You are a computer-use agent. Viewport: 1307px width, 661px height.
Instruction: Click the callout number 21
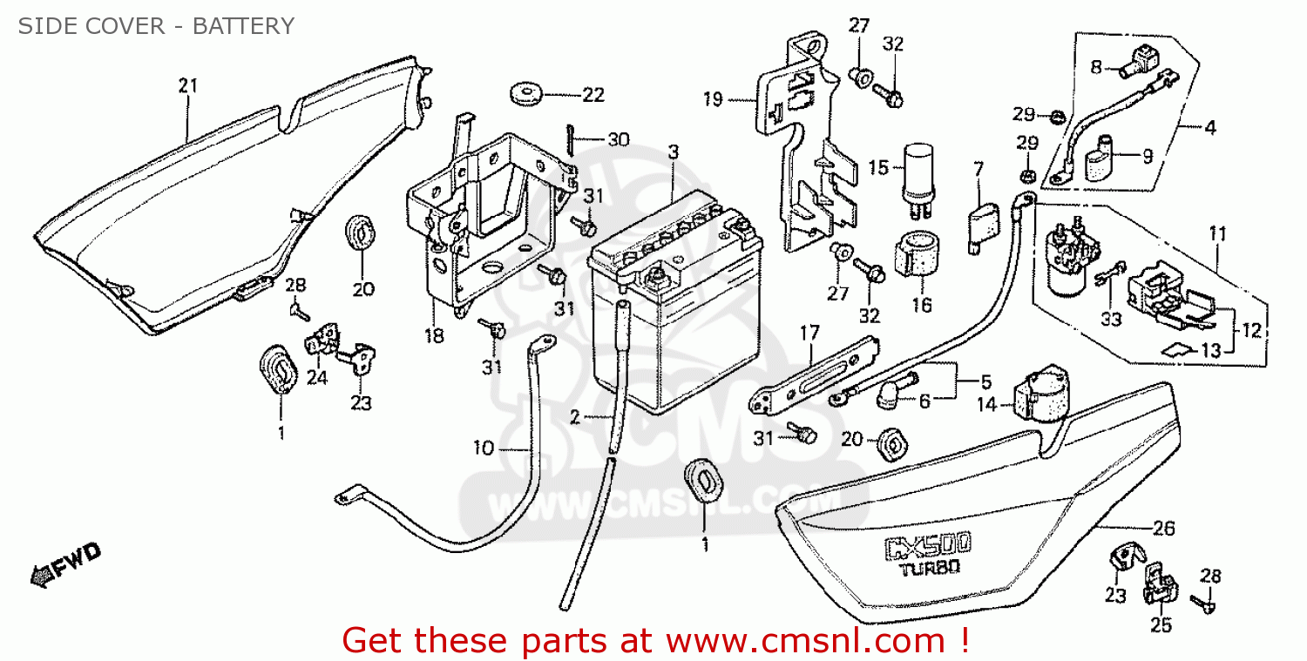pos(188,85)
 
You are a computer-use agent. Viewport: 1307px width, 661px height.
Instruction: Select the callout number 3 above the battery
pos(674,152)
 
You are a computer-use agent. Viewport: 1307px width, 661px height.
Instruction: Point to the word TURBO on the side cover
pos(929,570)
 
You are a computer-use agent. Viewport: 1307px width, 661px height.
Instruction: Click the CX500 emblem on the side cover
pos(929,547)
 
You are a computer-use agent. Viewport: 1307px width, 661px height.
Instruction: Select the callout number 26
pos(1163,529)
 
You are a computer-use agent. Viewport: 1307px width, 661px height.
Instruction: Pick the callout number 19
pos(713,100)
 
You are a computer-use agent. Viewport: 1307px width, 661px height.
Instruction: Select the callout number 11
pos(1217,233)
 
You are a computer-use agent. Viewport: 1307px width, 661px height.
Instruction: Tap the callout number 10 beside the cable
pos(484,449)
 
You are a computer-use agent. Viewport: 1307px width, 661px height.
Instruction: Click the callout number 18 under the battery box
pos(434,335)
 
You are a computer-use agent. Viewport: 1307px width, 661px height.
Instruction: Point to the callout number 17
pos(809,332)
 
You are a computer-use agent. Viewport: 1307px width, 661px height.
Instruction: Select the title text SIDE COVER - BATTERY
pos(156,26)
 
